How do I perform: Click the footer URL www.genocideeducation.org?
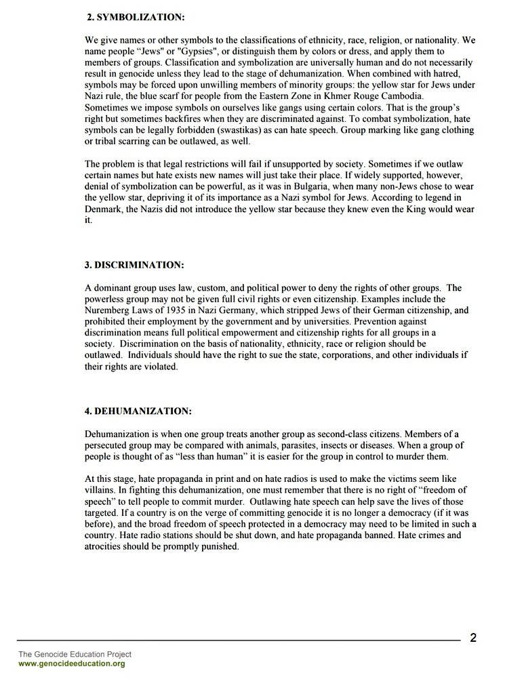point(71,664)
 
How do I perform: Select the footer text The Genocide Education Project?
point(75,654)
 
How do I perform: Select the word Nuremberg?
point(108,310)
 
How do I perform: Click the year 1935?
point(170,310)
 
